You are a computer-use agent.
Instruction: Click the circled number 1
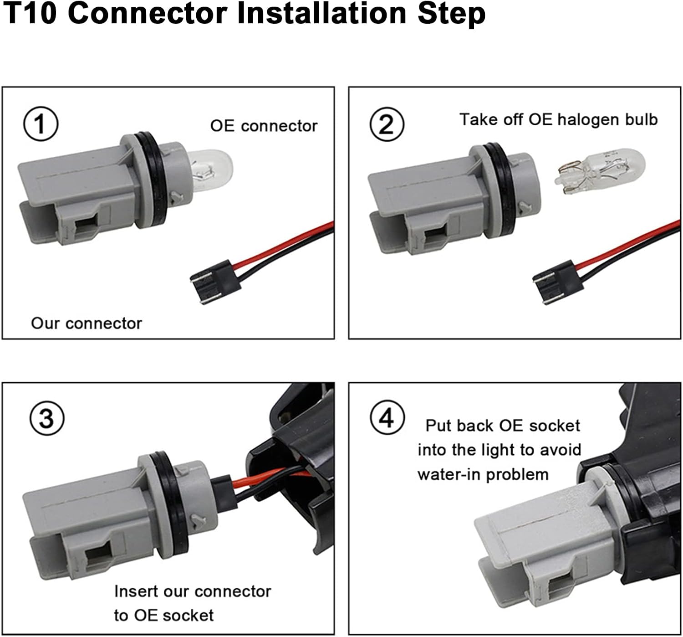[41, 124]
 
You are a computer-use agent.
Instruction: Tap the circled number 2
[387, 124]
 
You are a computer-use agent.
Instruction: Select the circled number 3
[47, 418]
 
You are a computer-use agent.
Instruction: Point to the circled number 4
[387, 417]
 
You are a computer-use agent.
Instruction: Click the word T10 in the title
[30, 14]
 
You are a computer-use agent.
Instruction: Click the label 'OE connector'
[264, 126]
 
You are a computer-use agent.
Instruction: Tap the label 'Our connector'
[87, 324]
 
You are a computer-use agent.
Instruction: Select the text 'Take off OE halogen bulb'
[559, 120]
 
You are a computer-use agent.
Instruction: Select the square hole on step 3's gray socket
[99, 555]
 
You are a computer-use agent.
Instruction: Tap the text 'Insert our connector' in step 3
[192, 591]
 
